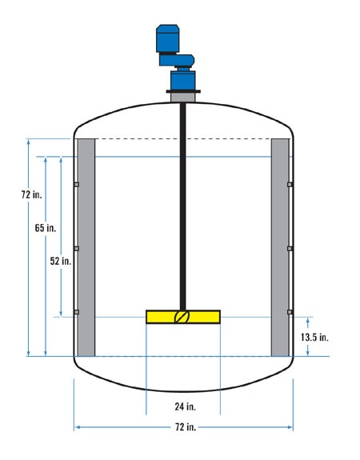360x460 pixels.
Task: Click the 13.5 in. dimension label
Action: [314, 338]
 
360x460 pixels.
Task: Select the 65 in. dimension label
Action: [46, 228]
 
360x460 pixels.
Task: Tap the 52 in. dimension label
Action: [61, 261]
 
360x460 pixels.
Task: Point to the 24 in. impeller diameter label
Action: [185, 406]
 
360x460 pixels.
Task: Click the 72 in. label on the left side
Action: [32, 194]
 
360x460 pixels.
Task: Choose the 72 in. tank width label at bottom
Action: [186, 427]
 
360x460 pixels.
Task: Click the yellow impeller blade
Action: [183, 317]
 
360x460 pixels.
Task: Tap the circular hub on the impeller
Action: [182, 317]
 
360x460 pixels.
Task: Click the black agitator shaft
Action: [182, 206]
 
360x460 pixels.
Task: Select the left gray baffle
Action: [86, 247]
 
